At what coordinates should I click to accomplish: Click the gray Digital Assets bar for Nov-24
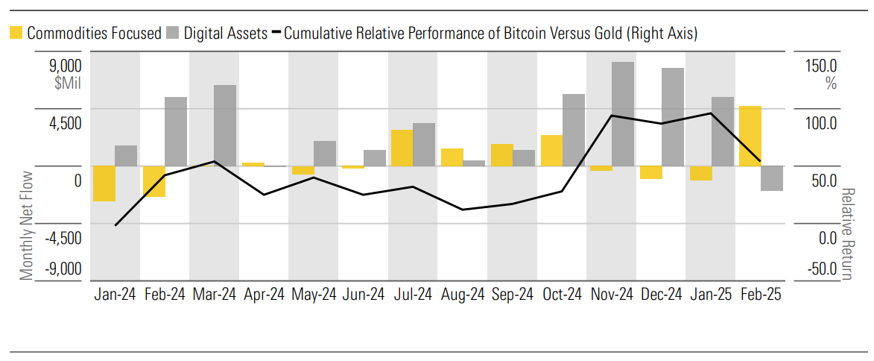coord(623,113)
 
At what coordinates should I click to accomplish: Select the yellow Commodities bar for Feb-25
coord(750,136)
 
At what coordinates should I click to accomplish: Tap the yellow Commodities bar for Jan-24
coord(104,183)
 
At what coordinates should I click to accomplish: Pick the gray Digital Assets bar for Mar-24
coord(225,125)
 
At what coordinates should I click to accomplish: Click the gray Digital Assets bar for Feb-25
coord(771,178)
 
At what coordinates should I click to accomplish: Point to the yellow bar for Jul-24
coord(402,148)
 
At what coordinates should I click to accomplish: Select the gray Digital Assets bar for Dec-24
coord(673,116)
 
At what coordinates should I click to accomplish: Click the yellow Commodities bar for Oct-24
coord(551,151)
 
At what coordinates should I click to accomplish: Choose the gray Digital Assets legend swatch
coord(174,33)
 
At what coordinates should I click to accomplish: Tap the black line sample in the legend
coord(276,33)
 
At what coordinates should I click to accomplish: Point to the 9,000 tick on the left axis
coord(65,65)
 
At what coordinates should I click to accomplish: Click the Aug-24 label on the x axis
coord(463,295)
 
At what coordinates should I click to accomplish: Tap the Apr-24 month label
coord(264,295)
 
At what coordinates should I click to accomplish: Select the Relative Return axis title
coord(847,233)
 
